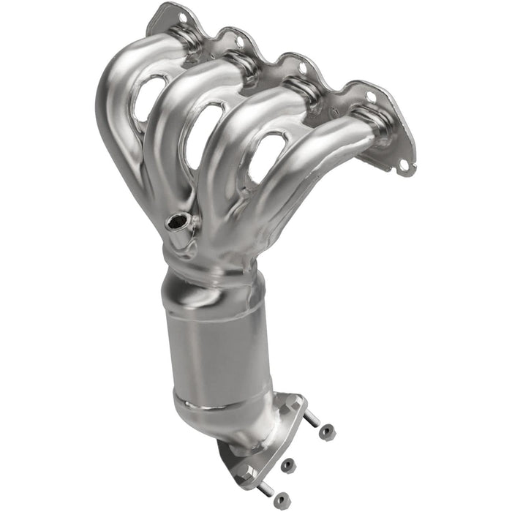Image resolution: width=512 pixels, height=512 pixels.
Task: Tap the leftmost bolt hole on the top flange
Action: click(182, 16)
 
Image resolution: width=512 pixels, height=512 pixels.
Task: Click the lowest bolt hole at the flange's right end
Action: click(402, 167)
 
